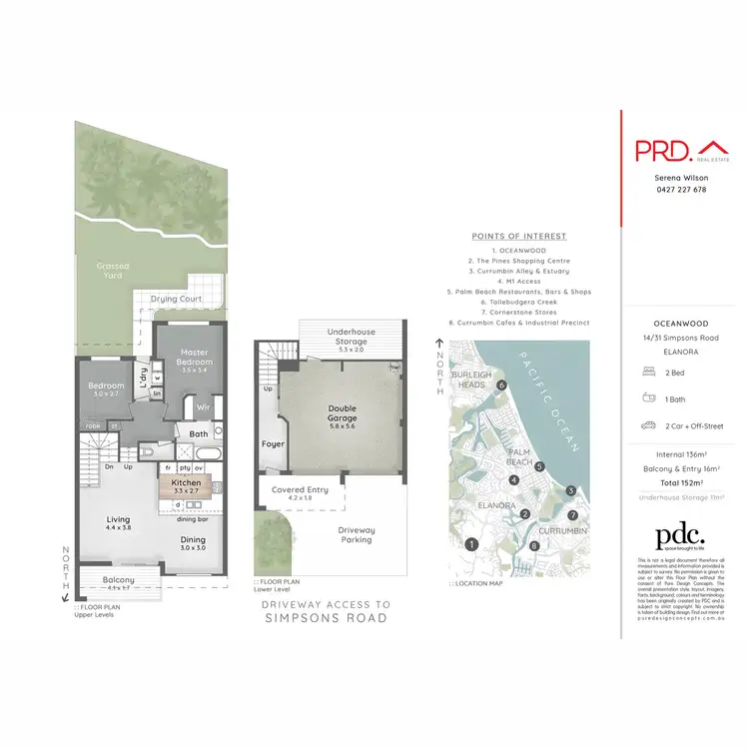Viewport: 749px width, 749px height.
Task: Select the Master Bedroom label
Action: tap(193, 360)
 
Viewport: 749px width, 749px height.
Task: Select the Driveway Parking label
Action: tap(356, 534)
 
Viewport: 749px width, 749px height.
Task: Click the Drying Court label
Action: tap(176, 299)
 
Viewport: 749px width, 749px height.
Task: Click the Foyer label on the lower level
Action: tap(273, 443)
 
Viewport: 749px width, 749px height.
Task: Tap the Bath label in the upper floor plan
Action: tap(198, 433)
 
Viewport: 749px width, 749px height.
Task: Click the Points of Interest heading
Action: tap(518, 236)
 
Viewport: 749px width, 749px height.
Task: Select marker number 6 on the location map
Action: tap(502, 384)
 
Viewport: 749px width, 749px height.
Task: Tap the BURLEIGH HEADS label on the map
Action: tap(472, 378)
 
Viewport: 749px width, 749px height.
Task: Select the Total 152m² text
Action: tap(676, 482)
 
